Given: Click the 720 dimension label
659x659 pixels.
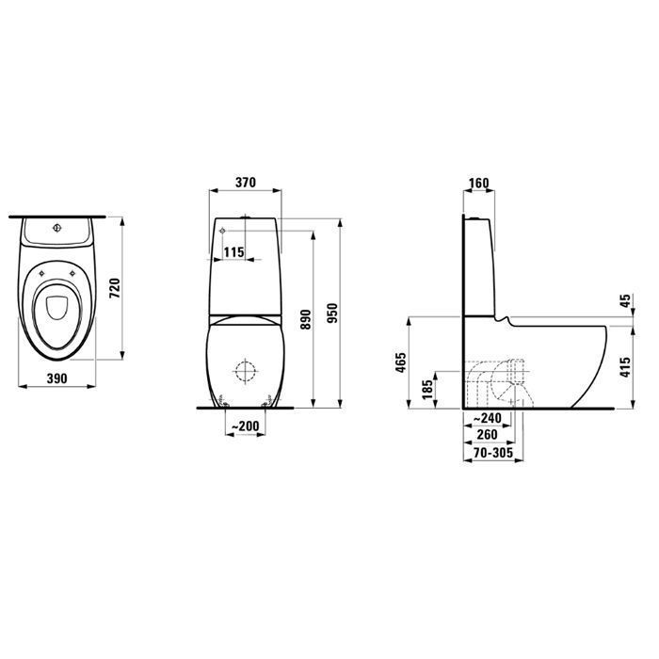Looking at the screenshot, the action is [115, 288].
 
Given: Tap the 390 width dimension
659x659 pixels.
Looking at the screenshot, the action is [56, 378].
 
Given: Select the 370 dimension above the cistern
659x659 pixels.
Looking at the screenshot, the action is [246, 183].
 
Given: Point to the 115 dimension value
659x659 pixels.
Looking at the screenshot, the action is [233, 252].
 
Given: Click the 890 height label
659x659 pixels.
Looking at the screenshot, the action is [306, 319].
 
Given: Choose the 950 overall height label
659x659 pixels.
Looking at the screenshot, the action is [332, 313].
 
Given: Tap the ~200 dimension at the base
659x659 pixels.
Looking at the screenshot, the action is [246, 426].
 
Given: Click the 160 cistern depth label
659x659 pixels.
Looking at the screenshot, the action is [478, 184].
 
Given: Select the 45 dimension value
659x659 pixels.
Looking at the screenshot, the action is [626, 300].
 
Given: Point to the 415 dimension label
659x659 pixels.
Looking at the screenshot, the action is [626, 367].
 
